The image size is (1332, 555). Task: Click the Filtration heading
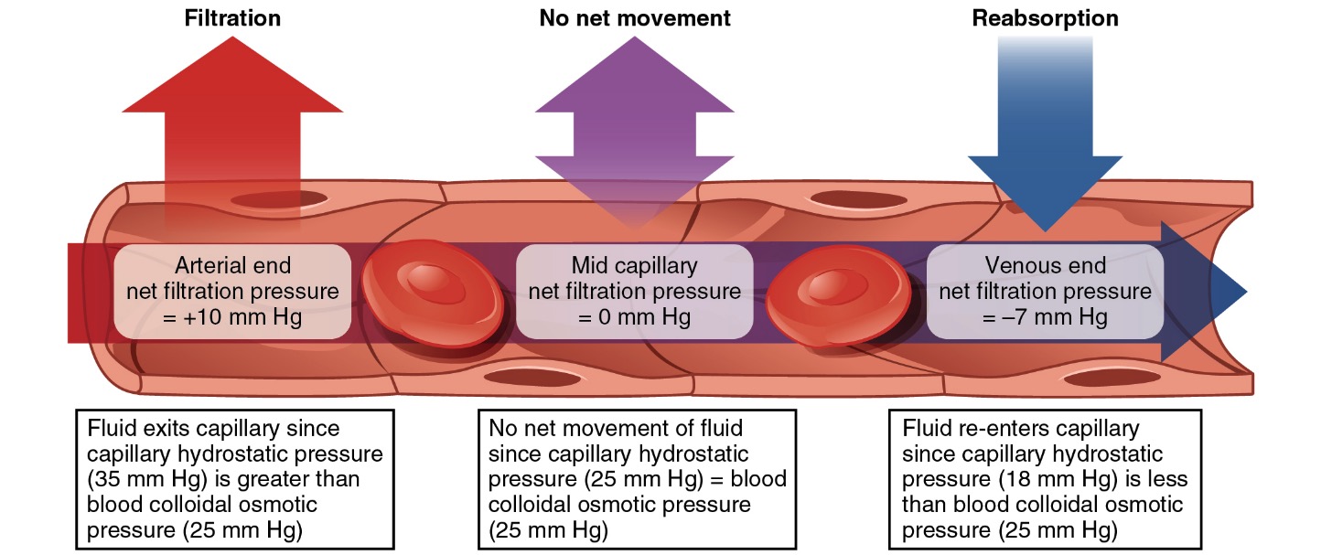click(x=232, y=18)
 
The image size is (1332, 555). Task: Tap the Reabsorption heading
click(x=1044, y=18)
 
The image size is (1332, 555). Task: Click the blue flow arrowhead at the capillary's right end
click(x=1217, y=292)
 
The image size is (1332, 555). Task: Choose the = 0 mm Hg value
click(x=634, y=317)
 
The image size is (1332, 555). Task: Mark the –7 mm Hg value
click(x=1045, y=317)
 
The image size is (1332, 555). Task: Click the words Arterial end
click(x=232, y=266)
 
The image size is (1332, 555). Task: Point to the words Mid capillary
click(x=634, y=266)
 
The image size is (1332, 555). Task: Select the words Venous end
click(x=1045, y=266)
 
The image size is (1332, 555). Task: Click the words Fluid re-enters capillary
click(x=1021, y=428)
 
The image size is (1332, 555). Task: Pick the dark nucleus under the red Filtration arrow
click(x=278, y=198)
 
